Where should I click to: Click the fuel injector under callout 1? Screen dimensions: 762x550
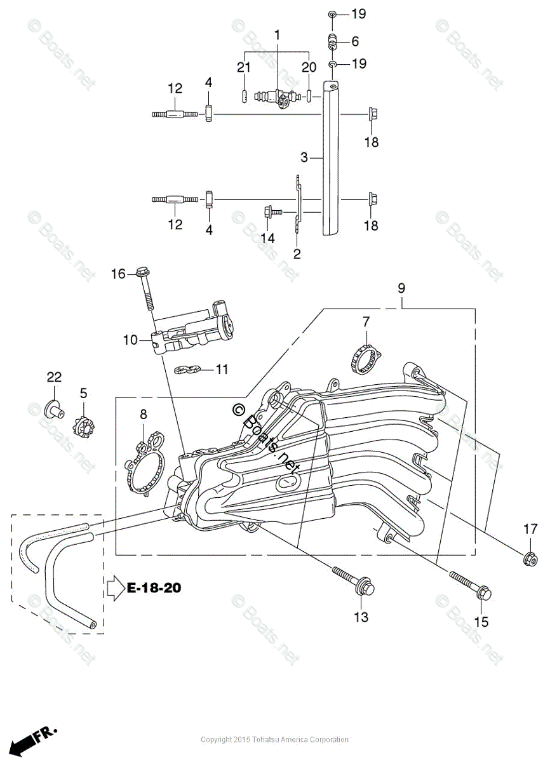tap(274, 97)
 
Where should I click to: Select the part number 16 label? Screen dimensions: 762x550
tap(118, 274)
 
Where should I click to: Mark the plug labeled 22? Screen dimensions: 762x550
tap(53, 408)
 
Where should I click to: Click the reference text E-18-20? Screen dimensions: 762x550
tap(154, 588)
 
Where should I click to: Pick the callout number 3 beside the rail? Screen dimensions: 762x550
tap(304, 156)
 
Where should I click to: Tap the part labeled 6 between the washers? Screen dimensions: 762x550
tap(331, 43)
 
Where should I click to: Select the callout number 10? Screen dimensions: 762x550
tap(130, 340)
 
